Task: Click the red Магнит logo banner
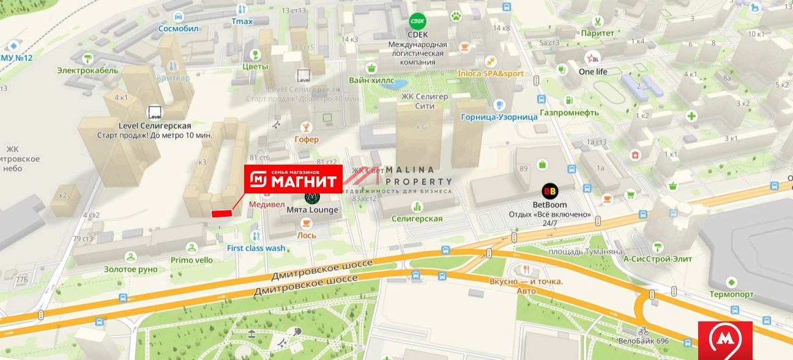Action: click(x=293, y=179)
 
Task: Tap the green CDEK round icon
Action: click(x=418, y=21)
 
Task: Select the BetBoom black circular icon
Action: click(x=549, y=192)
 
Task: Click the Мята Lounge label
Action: click(x=312, y=210)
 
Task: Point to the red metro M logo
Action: click(x=726, y=340)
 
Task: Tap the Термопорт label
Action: click(x=731, y=294)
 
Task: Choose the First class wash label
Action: click(x=256, y=248)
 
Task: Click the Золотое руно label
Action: click(x=130, y=269)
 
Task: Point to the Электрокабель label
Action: click(x=87, y=70)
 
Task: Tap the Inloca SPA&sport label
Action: click(x=491, y=73)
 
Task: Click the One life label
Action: click(x=593, y=72)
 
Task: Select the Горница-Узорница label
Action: click(x=499, y=117)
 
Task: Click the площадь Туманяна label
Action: click(x=586, y=252)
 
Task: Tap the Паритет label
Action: click(x=598, y=33)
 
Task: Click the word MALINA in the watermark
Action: click(x=410, y=170)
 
